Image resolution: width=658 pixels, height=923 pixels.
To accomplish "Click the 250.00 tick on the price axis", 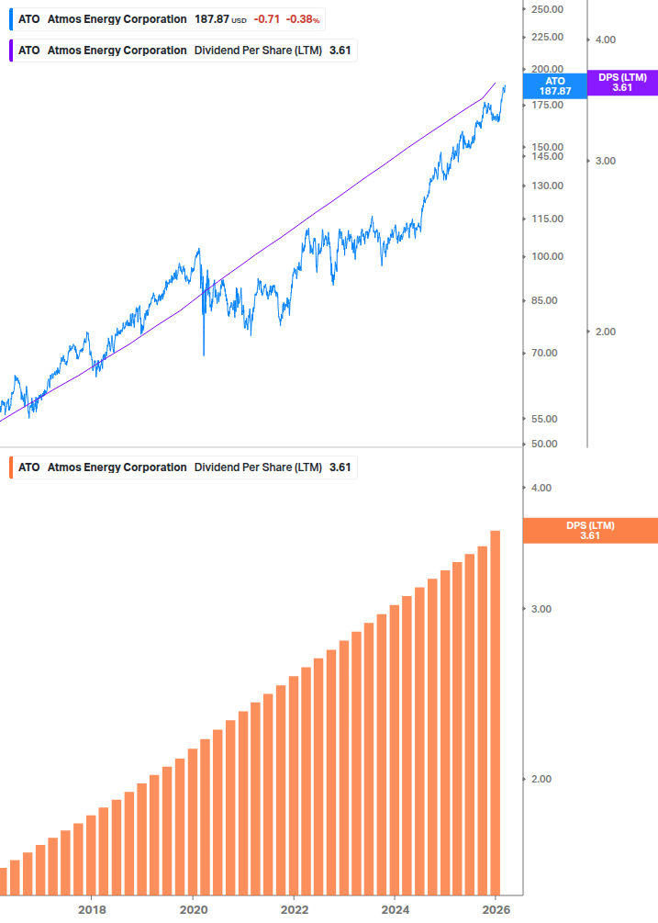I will (547, 9).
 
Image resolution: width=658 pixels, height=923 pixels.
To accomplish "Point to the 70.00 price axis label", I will (547, 353).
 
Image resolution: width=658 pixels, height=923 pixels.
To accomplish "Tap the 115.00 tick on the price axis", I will (547, 219).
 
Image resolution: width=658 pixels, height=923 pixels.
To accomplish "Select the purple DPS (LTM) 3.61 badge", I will (622, 83).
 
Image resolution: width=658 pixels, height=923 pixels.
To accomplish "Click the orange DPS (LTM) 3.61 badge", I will (589, 530).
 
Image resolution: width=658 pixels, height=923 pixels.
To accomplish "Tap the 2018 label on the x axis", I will (92, 909).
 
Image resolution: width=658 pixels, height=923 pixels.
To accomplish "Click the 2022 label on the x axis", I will (294, 909).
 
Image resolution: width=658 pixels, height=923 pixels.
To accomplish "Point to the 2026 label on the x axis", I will (496, 909).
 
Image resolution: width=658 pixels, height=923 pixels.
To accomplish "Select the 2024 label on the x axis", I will (395, 909).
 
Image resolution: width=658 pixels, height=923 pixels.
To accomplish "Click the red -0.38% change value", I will (302, 19).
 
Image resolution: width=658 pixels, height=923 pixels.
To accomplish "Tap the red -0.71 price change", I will (267, 19).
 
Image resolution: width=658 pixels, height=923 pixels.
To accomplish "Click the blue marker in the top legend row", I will (10, 19).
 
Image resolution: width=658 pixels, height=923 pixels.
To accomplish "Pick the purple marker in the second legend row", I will (10, 51).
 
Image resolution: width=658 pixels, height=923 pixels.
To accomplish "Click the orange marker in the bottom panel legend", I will (10, 467).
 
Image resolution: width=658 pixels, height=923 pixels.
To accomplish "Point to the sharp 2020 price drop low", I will (203, 354).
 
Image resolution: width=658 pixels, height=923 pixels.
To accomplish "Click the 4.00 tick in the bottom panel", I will (541, 488).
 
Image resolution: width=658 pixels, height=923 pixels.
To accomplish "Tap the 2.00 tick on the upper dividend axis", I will (605, 332).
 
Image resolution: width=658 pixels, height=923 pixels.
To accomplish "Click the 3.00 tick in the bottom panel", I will (541, 609).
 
